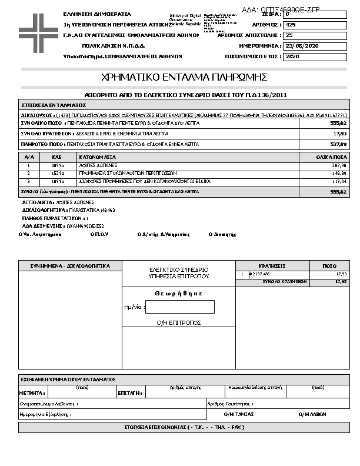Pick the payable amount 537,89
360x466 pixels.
(x=339, y=144)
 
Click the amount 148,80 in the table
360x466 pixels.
(x=339, y=174)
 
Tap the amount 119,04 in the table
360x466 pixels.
(x=339, y=182)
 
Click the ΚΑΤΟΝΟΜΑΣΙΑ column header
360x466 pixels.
(x=98, y=158)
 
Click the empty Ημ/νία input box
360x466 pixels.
(x=180, y=307)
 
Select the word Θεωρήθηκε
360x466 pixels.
(x=179, y=293)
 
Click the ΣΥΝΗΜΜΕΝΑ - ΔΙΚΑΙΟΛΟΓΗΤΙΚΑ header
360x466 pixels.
(x=70, y=266)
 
